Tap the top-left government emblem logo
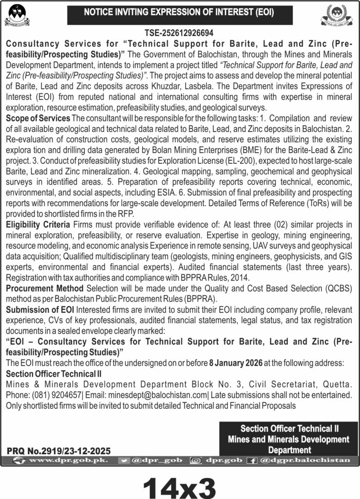pos(17,15)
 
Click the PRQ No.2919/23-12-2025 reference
pos(59,450)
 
